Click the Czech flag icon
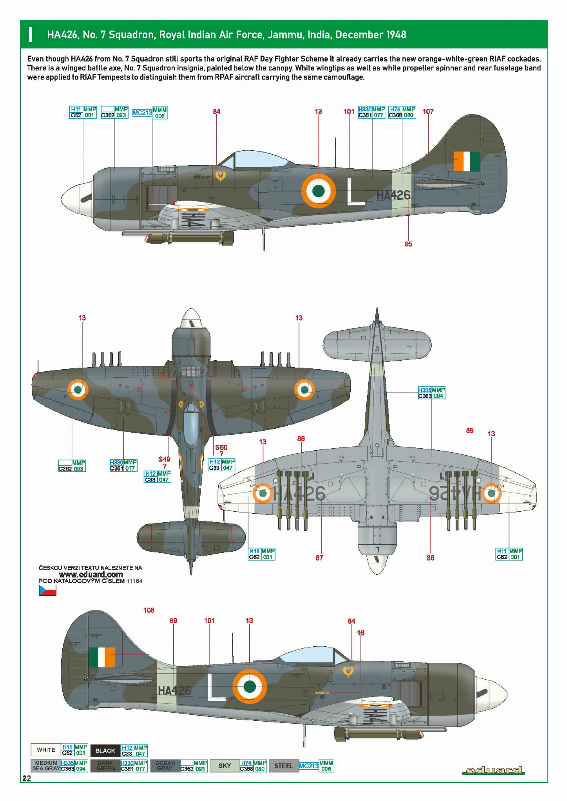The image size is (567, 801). point(47,590)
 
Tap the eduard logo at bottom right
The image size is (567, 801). point(493,770)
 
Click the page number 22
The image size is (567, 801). point(27,778)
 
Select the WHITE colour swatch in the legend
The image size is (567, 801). point(46,750)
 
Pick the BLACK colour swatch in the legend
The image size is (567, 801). point(105,750)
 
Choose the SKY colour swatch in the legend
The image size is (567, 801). point(225,765)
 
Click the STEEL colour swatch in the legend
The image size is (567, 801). point(283,766)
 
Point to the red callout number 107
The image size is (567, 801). point(428,112)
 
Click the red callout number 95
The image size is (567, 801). point(408,244)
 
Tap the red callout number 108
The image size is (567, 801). point(149,610)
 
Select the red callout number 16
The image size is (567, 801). point(360,633)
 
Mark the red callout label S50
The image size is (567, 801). point(221,447)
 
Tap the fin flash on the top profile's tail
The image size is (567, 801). point(467,161)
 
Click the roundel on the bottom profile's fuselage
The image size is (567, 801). point(250,686)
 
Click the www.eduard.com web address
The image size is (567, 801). point(91,574)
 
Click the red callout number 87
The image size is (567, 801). point(319,557)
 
